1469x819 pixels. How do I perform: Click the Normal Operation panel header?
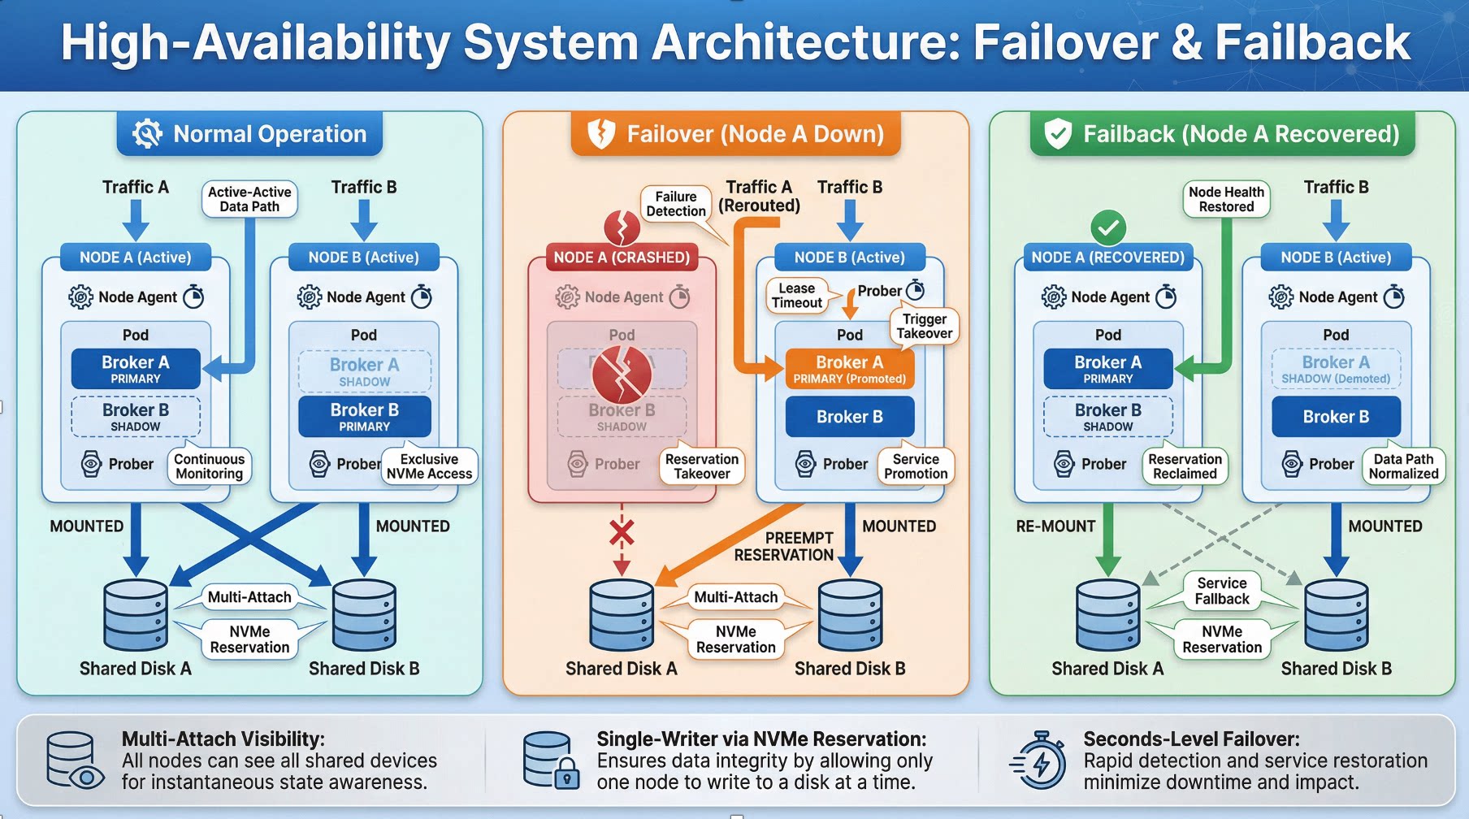click(249, 134)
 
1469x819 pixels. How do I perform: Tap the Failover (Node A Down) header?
click(735, 134)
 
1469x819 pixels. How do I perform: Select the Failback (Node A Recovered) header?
click(1222, 134)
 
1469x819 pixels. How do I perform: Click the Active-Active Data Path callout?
click(249, 199)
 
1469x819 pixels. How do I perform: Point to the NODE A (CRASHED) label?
click(622, 258)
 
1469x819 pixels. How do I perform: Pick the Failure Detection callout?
click(676, 204)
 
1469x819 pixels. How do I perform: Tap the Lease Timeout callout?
click(796, 296)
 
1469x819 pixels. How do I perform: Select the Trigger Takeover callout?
click(925, 326)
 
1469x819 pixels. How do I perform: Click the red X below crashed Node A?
click(622, 533)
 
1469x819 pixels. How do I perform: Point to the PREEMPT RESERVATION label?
click(784, 547)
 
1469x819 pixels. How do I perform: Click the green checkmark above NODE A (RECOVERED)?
click(1108, 227)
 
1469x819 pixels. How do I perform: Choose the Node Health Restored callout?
click(1226, 199)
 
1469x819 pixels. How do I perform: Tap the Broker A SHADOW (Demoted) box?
click(1336, 369)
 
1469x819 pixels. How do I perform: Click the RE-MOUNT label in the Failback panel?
click(1055, 526)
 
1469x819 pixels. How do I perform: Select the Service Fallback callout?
click(1222, 591)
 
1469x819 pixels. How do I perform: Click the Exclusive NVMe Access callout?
click(429, 466)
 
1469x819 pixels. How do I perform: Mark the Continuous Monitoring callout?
click(209, 466)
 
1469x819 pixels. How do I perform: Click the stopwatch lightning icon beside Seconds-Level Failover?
click(1038, 761)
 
